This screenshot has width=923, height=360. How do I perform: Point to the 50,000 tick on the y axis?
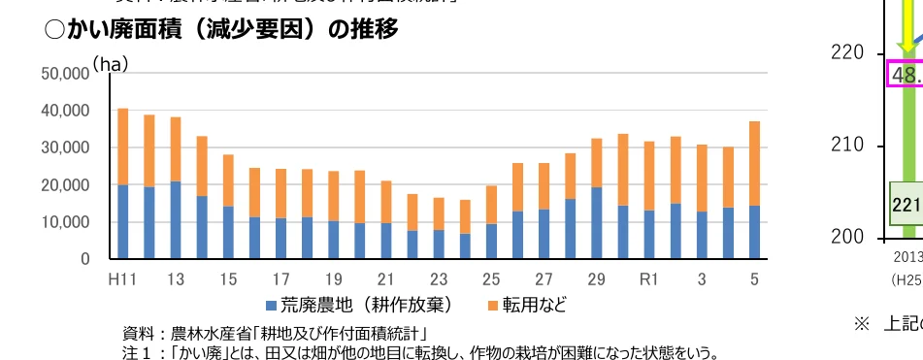[x=64, y=74]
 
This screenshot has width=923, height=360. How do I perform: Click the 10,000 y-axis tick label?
[x=64, y=222]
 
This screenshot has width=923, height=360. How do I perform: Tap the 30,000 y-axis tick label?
[x=64, y=148]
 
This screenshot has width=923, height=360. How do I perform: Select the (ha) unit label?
[x=110, y=64]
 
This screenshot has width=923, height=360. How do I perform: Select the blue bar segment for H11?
[x=123, y=221]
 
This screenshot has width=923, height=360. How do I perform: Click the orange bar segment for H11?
[x=123, y=147]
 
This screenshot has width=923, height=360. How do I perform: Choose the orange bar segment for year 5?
[x=754, y=163]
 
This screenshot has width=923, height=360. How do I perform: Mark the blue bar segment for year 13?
[x=176, y=220]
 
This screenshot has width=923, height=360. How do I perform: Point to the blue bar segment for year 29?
[x=597, y=223]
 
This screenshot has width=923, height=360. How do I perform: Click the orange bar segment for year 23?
[x=439, y=213]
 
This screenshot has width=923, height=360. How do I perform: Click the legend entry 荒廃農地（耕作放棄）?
[x=358, y=305]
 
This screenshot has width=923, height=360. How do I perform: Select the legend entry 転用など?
[x=527, y=305]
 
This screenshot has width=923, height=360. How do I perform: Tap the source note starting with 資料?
[x=277, y=332]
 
